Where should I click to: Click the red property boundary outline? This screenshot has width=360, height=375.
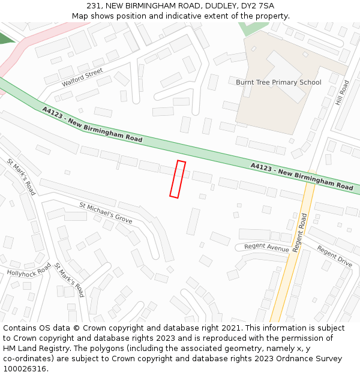(178, 179)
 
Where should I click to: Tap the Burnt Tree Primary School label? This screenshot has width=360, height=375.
(278, 82)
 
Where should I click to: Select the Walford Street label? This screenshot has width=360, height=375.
(82, 77)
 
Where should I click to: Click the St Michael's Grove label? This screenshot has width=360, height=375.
(106, 213)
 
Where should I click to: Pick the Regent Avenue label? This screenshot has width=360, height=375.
(266, 248)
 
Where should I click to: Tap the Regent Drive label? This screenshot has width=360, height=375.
(334, 256)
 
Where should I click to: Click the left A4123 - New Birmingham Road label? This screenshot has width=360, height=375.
(92, 125)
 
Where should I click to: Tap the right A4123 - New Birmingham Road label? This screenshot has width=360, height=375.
(301, 176)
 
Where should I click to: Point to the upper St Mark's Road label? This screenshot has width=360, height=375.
(22, 176)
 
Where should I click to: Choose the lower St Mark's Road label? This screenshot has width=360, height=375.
(68, 280)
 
